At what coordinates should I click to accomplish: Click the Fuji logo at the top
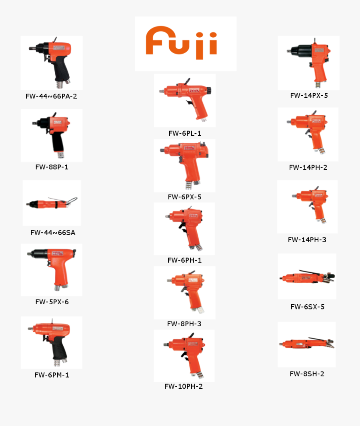coord(185,43)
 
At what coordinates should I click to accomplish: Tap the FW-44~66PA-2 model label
coord(51,96)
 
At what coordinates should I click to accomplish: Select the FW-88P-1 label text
coord(52,167)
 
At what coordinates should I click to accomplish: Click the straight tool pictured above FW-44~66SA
coord(52,203)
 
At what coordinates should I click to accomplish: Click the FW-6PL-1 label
coord(185,133)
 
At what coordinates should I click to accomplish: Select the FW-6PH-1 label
coord(184,260)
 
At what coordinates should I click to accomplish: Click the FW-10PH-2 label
coord(184,386)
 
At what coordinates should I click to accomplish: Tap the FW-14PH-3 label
coord(307,240)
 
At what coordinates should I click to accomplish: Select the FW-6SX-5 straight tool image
coord(307,277)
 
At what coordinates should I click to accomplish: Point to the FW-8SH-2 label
coord(307,374)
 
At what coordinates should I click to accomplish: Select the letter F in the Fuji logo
coord(156,41)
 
